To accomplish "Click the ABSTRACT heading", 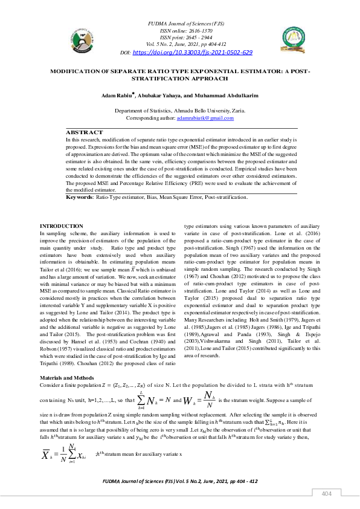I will (x=84, y=131).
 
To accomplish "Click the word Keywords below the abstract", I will (x=79, y=197).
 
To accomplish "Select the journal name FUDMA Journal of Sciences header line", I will (x=179, y=23).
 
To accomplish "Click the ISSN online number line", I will (x=179, y=30).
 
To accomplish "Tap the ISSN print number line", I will (x=179, y=37).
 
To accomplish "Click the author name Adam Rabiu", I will (x=117, y=96).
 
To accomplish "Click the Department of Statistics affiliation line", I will (x=180, y=111).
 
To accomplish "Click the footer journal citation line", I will (x=180, y=481).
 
